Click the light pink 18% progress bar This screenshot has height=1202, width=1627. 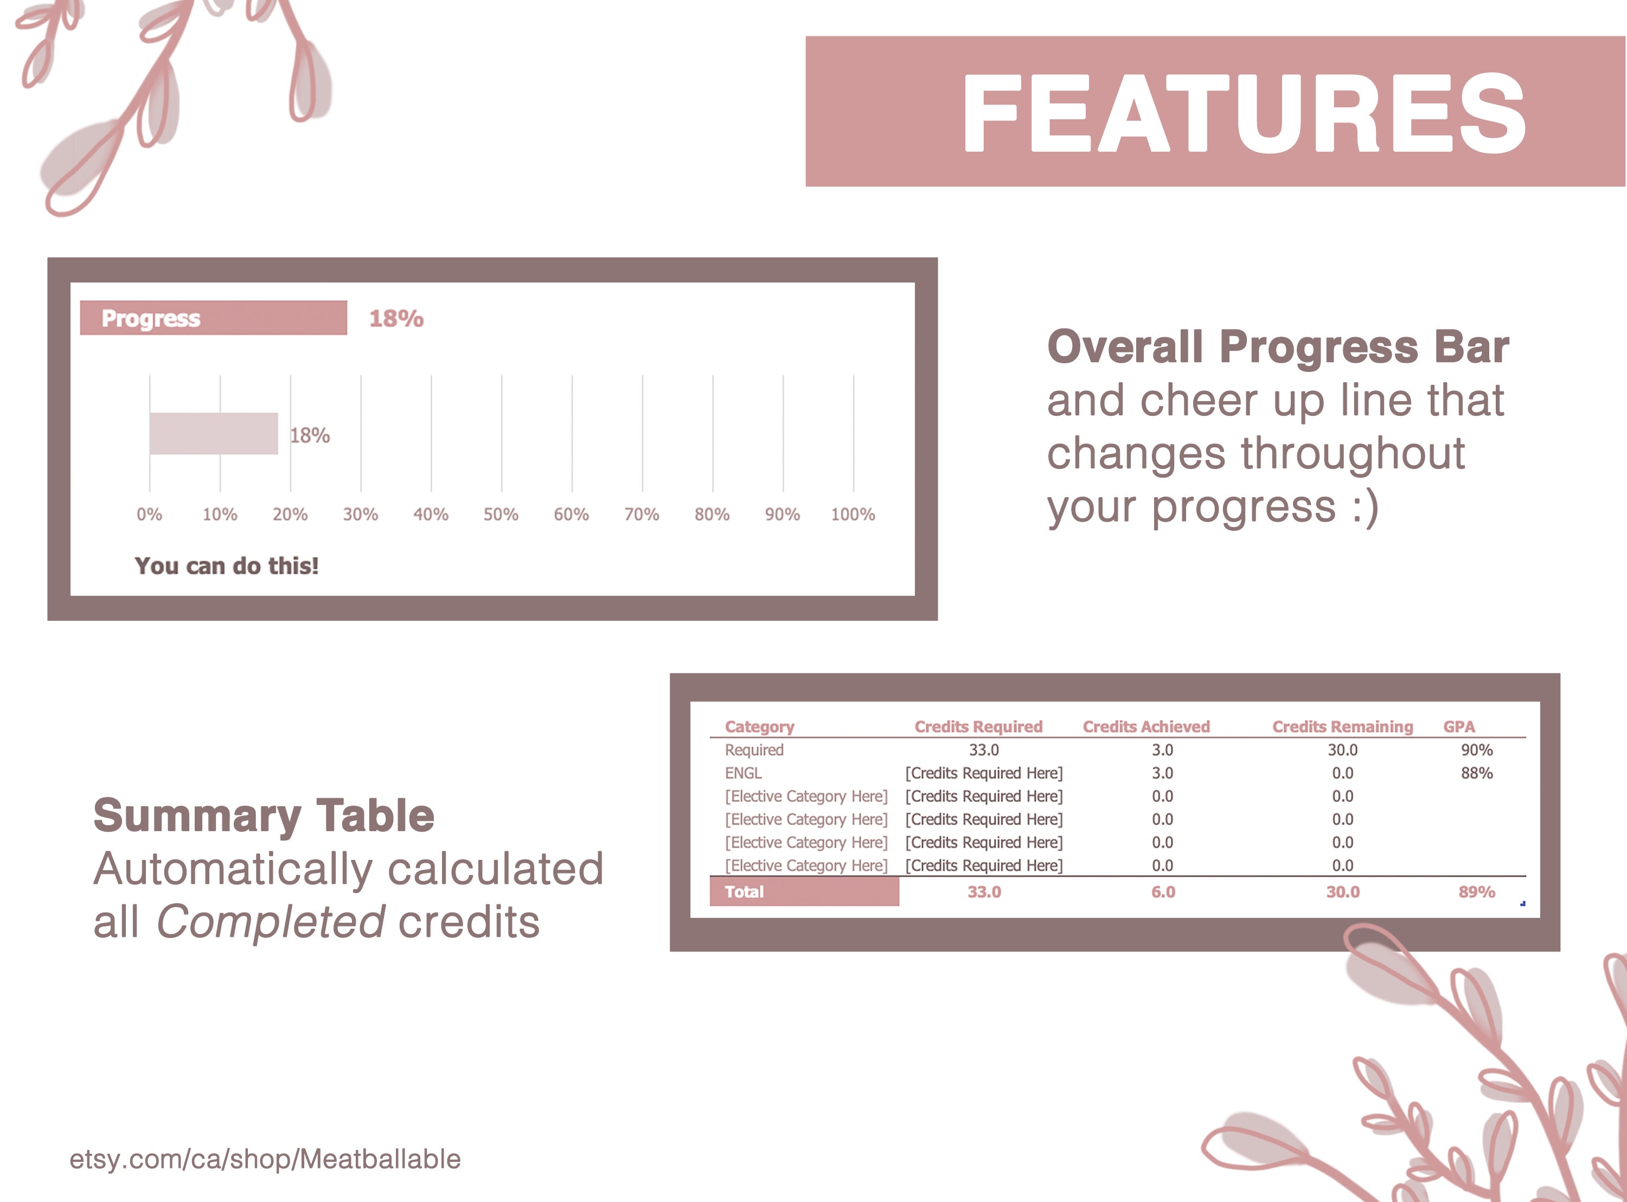tap(213, 434)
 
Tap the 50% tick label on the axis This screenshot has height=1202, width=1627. tap(501, 515)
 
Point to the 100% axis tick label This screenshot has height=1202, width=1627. tap(853, 515)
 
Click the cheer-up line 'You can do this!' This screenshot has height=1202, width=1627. tap(226, 565)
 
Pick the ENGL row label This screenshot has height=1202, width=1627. tap(743, 773)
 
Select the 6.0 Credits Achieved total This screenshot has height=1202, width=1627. tap(1163, 891)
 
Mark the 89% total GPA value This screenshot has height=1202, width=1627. tap(1476, 891)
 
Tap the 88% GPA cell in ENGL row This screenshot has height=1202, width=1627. tap(1476, 773)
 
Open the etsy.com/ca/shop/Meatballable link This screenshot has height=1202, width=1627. tap(265, 1159)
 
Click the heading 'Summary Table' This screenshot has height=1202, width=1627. tap(264, 815)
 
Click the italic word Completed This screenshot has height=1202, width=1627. tap(271, 922)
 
